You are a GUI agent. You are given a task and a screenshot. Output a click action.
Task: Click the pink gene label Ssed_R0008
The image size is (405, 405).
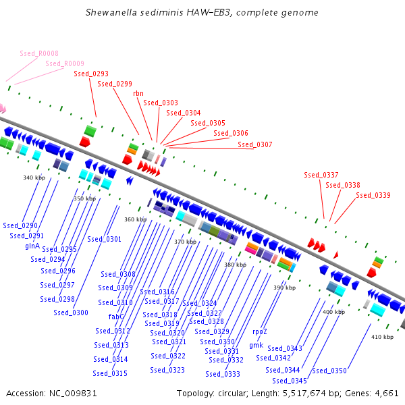[x=39, y=53]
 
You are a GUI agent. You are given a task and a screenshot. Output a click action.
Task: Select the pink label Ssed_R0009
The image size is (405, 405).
[x=65, y=63]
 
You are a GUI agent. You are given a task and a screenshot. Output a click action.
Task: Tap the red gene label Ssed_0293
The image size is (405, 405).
[x=91, y=74]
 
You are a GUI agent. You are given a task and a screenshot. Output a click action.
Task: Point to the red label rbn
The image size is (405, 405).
[x=138, y=94]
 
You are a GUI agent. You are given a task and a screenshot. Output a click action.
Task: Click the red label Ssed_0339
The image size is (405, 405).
[x=373, y=195]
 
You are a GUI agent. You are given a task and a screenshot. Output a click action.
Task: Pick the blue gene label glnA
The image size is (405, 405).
[x=32, y=246]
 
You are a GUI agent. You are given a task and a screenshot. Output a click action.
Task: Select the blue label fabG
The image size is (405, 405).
[x=116, y=316]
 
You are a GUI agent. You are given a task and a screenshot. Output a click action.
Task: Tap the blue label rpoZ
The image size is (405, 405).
[x=260, y=331]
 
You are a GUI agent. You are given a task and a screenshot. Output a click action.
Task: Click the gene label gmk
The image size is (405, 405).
[x=256, y=345]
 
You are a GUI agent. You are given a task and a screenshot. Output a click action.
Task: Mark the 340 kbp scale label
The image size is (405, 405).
[x=34, y=178]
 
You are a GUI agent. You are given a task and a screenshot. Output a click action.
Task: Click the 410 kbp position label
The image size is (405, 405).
[x=382, y=336]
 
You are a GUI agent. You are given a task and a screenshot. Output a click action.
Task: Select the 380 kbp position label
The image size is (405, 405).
[x=236, y=265]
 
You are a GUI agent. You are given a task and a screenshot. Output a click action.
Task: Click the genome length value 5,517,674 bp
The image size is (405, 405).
[x=331, y=393]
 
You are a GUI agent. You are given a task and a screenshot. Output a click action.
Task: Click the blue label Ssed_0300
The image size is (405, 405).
[x=71, y=313]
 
